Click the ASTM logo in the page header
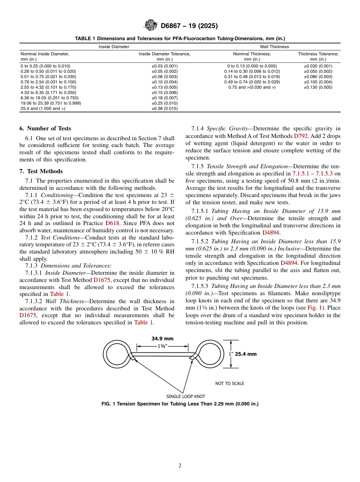[151, 26]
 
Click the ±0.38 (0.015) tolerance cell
[164, 108]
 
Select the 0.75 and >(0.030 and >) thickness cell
[252, 87]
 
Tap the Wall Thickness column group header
[274, 47]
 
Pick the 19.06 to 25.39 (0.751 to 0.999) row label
[50, 103]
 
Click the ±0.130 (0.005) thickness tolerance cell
[318, 87]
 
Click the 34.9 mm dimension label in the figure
[163, 339]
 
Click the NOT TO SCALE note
[230, 383]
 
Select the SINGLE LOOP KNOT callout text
[185, 396]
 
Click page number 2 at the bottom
[180, 466]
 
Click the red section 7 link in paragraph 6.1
[160, 138]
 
